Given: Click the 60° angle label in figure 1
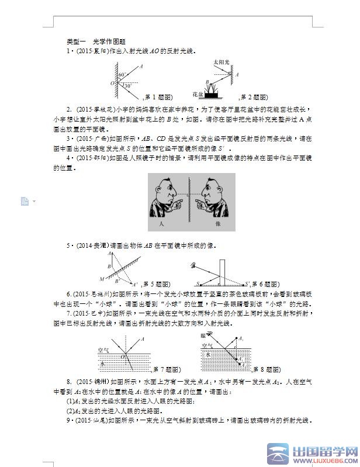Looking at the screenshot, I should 122,75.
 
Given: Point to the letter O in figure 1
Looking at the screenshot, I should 112,83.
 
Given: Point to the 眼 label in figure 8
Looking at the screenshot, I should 203,335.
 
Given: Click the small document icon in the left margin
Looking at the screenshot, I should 25,201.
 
